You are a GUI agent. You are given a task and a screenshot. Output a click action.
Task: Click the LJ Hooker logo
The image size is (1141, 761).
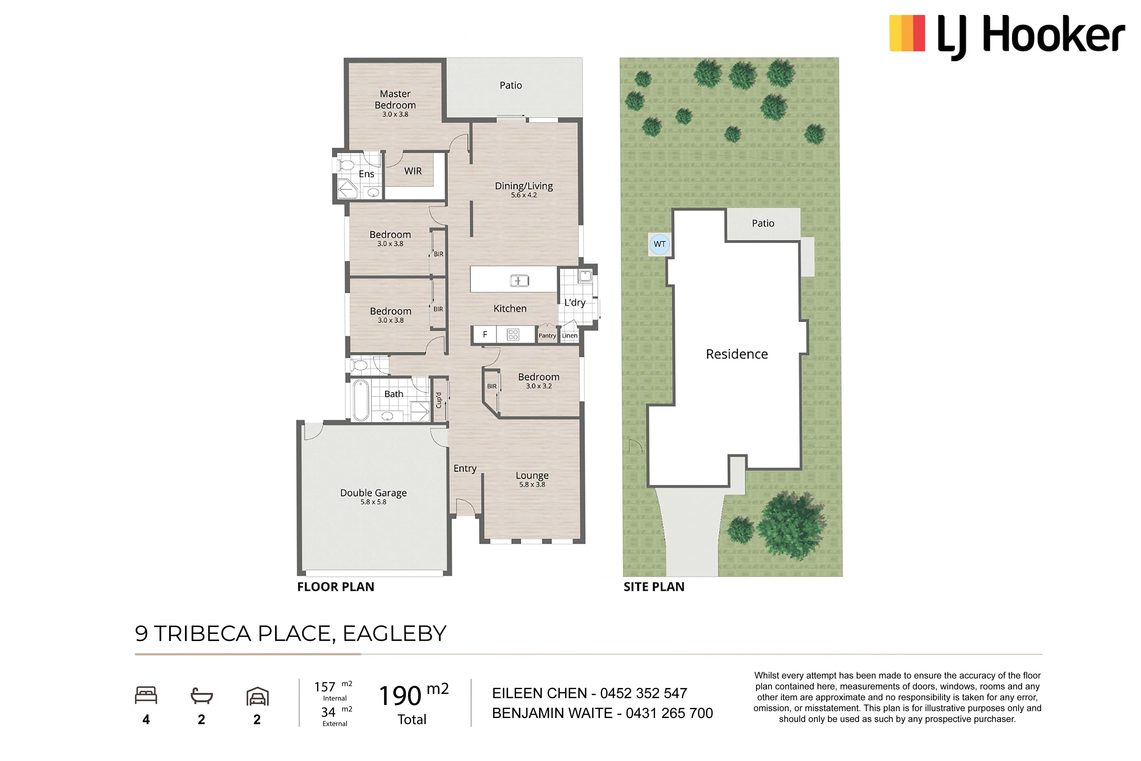coord(1007,36)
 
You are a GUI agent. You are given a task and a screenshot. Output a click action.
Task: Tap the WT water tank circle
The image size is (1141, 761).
coord(660,244)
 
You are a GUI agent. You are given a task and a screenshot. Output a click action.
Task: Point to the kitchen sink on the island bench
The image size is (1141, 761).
coord(519,280)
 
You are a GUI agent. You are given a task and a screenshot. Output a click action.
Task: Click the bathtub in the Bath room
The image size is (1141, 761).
coord(361,400)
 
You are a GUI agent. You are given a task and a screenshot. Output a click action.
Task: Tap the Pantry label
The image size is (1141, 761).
coord(547,335)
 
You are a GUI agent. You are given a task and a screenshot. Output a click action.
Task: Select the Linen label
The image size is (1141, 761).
coord(570,335)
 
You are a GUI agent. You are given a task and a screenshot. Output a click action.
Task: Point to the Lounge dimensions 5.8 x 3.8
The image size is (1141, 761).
coord(532,484)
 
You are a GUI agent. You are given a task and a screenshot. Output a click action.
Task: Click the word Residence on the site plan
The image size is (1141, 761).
coord(737,354)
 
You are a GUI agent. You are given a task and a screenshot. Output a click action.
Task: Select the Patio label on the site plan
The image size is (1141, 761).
coord(763,223)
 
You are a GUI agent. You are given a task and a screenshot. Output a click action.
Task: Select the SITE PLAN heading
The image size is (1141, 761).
coord(654,587)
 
